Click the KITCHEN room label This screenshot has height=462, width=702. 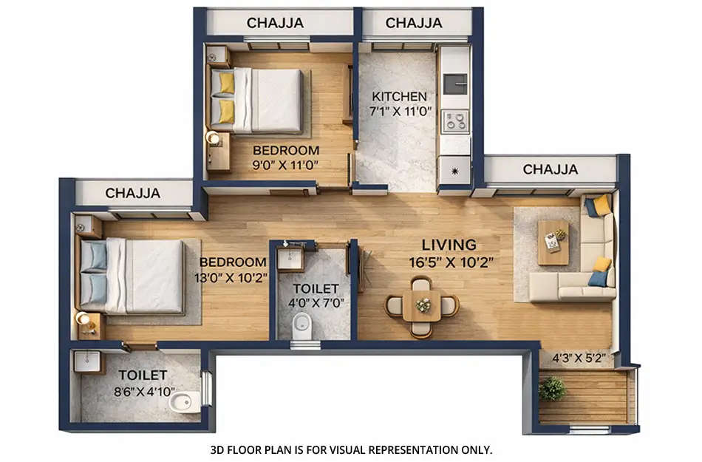(x=399, y=96)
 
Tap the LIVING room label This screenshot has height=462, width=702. (x=449, y=245)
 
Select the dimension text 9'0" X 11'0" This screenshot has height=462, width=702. (x=285, y=166)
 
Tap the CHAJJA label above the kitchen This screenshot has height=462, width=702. (x=413, y=23)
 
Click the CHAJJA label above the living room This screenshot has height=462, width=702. (x=551, y=170)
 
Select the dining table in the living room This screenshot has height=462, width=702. (x=423, y=304)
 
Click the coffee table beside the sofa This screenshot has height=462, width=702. (x=553, y=241)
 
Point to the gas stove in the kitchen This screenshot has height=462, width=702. (x=454, y=120)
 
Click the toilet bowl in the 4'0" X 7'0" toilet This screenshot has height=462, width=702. (x=301, y=325)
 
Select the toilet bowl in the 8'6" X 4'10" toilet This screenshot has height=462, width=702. (x=181, y=403)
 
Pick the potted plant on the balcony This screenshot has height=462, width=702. (x=551, y=387)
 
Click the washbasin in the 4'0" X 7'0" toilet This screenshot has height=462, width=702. (x=290, y=259)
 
